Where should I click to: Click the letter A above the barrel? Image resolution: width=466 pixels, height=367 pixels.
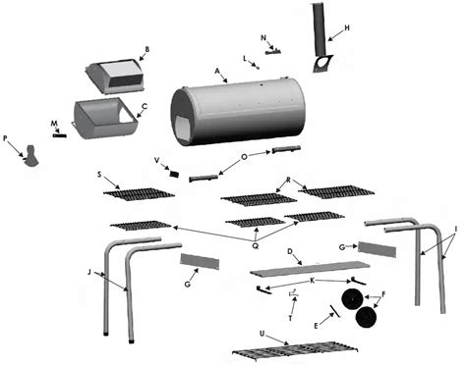pos(216,71)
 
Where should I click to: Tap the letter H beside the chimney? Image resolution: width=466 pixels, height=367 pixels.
pos(347,27)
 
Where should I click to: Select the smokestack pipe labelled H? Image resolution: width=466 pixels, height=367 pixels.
pos(320,28)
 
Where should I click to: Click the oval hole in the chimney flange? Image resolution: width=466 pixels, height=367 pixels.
pos(323,63)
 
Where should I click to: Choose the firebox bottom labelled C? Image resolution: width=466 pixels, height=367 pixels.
pos(104,118)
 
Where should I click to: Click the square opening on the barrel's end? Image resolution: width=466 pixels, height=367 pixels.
pos(184,129)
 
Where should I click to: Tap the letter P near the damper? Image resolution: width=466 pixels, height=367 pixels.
pos(5,138)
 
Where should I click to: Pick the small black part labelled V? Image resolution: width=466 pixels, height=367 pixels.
pos(174,174)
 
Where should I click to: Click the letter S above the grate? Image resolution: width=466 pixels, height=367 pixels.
pos(99,175)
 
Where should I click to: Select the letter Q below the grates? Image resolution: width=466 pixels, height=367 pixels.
pos(255,245)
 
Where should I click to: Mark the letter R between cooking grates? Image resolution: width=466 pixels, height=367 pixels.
pos(288,180)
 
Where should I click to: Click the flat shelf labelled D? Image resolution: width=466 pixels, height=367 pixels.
pos(310,268)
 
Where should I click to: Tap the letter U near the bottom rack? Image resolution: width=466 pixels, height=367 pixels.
pos(262,334)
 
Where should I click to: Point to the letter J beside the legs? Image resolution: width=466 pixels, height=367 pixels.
pos(89,272)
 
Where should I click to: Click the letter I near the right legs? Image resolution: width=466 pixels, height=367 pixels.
pos(456,229)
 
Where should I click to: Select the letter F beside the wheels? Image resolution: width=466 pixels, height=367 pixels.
pos(383,294)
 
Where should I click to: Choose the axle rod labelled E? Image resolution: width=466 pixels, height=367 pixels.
pos(335,311)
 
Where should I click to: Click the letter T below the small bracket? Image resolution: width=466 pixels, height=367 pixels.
pos(291,319)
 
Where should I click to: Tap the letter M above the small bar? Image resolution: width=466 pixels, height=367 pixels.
pos(54,124)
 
